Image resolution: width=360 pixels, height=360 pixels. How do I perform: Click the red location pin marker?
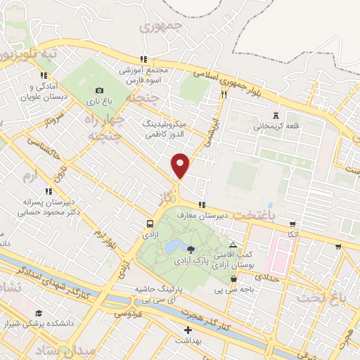(x=181, y=165)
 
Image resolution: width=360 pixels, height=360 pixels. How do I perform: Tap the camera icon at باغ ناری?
(x=99, y=90)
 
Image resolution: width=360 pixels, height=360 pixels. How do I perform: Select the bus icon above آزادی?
(x=149, y=223)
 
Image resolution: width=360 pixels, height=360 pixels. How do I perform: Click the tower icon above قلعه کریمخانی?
(x=275, y=114)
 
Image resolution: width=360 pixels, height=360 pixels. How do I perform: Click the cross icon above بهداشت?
(x=187, y=329)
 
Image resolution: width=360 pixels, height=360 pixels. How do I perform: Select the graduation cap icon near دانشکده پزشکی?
(x=38, y=314)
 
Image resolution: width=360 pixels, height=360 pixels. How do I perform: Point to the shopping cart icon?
(x=338, y=246)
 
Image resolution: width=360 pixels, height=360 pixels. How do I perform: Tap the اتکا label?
(x=292, y=232)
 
